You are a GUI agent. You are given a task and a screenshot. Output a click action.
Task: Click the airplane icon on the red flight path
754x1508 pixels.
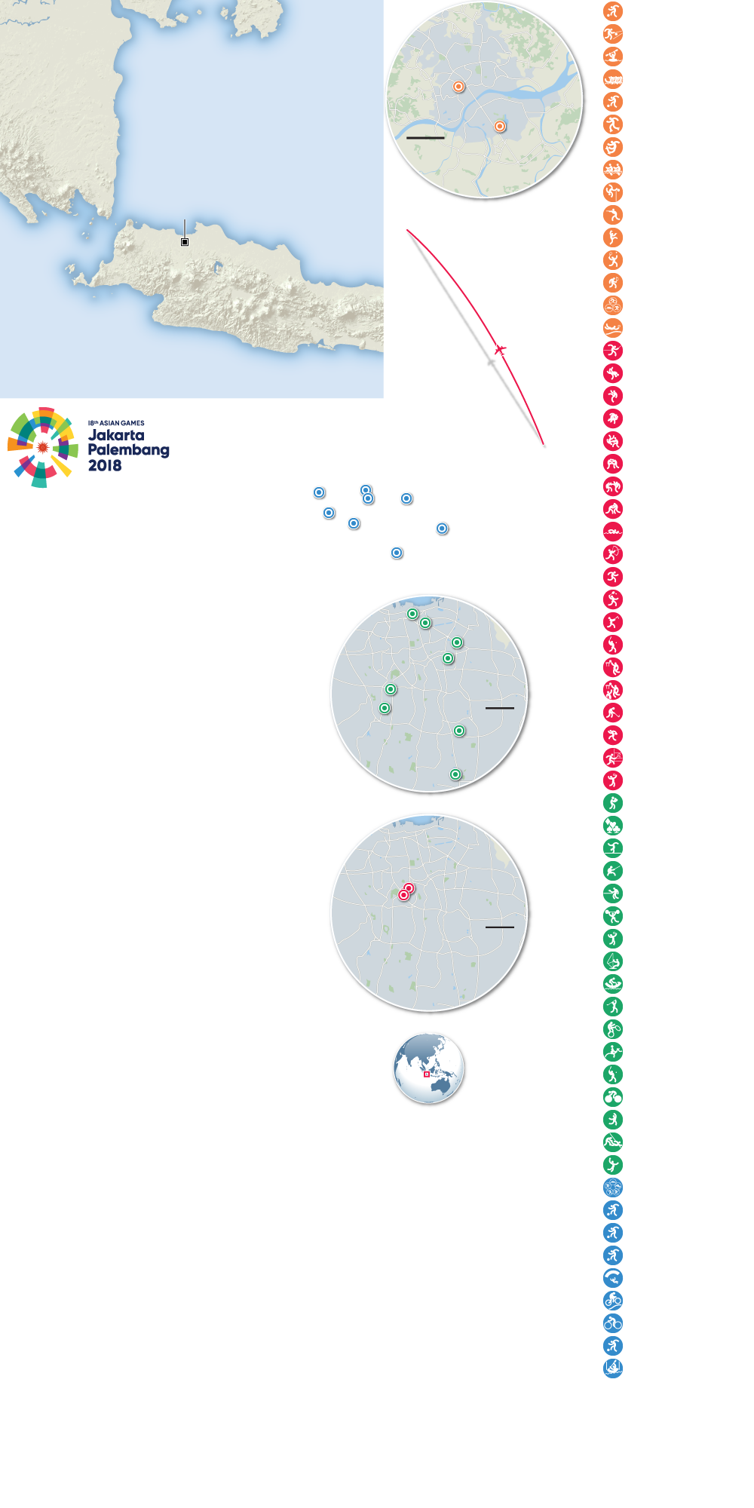[500, 350]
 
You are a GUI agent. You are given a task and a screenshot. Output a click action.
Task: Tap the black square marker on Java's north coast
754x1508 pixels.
[185, 242]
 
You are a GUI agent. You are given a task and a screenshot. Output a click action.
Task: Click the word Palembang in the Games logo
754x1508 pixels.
[128, 450]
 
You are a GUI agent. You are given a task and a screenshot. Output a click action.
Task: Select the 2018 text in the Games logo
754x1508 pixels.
[105, 465]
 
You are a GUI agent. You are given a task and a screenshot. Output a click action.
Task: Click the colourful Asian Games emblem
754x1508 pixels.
[43, 447]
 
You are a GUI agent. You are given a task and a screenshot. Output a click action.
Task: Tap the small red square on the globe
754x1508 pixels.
[427, 1074]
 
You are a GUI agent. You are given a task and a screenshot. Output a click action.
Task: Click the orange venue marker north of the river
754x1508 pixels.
[458, 87]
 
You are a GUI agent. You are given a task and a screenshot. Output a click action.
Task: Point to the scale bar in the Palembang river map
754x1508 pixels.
[425, 138]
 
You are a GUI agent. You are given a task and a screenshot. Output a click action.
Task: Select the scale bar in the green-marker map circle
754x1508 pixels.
[499, 708]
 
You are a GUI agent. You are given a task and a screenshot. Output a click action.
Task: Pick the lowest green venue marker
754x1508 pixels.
[455, 774]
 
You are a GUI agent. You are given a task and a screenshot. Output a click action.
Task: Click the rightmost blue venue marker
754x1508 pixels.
[442, 529]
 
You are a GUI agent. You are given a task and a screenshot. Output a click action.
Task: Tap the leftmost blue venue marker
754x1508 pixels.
[319, 492]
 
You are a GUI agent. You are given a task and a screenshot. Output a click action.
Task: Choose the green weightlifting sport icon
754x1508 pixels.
[613, 916]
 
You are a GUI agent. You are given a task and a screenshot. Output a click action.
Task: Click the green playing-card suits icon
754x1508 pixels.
[613, 826]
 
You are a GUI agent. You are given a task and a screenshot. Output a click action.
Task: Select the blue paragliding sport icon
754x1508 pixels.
[613, 1278]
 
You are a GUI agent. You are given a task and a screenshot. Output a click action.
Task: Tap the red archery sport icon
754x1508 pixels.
[613, 554]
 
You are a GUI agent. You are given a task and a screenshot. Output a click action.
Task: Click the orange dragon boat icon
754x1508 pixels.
[613, 79]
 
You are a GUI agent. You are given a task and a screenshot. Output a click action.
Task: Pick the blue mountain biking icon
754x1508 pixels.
[613, 1301]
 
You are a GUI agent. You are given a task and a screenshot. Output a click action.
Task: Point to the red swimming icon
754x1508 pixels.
[613, 532]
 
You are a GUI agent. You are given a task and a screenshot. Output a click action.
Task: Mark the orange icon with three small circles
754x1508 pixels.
[613, 305]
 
